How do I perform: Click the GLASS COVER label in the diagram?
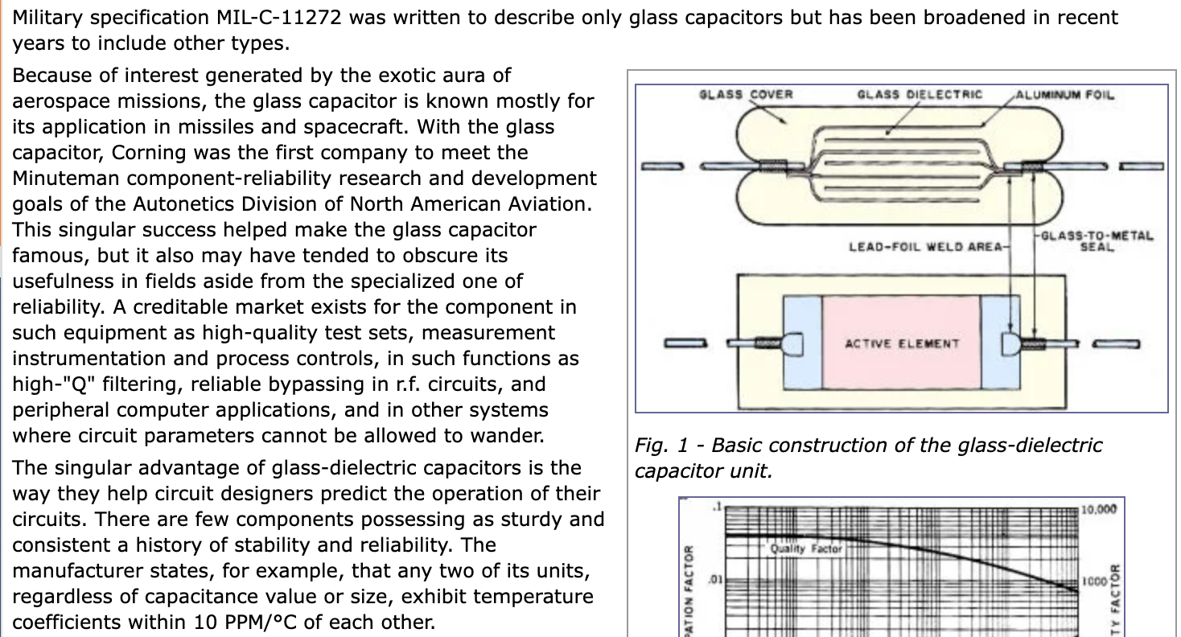(746, 95)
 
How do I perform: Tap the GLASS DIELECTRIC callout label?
(920, 95)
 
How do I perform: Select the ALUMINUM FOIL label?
(1065, 95)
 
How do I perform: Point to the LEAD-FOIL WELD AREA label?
(927, 246)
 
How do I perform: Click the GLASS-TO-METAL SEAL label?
(1097, 241)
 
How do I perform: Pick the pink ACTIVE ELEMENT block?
(901, 343)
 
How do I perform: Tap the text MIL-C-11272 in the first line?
(273, 17)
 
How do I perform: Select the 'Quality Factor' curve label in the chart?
(805, 549)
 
